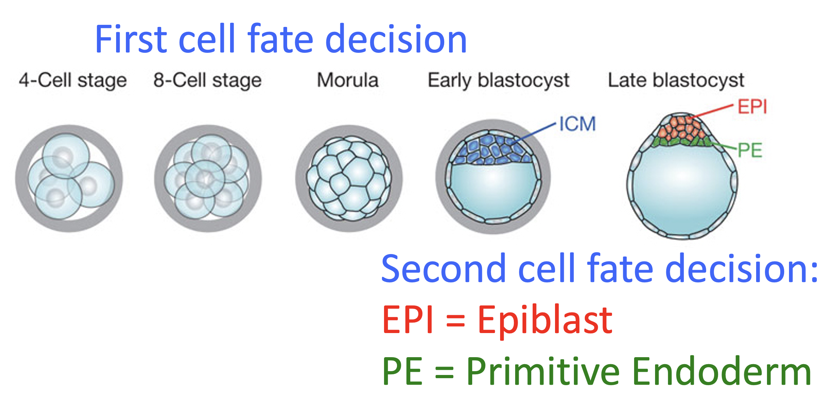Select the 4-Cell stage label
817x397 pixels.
73,80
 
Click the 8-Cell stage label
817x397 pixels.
207,80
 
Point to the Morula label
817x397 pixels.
348,80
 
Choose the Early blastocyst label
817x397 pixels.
498,80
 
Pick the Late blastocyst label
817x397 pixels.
676,80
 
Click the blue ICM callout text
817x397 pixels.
577,124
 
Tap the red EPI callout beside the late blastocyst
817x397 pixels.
752,107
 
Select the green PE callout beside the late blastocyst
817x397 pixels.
750,150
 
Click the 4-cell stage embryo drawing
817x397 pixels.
69,178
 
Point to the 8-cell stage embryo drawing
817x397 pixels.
208,178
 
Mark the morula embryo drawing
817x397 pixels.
349,178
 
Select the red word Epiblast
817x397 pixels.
545,320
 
